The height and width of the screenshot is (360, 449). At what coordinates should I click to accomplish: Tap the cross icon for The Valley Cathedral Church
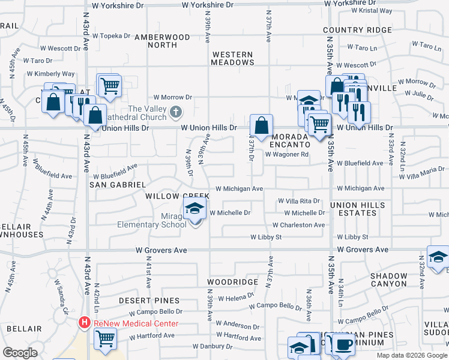[175, 112]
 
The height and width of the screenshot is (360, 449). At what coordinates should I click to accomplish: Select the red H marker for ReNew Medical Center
[85, 323]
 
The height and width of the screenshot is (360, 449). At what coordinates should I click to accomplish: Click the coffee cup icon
[344, 344]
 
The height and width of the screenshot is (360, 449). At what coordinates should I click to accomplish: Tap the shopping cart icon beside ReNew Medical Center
[105, 338]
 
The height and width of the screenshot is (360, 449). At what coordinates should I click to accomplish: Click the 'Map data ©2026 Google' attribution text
[411, 355]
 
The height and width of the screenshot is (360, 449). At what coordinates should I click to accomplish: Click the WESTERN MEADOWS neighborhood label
[232, 58]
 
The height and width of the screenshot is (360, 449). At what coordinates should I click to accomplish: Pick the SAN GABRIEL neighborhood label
[117, 185]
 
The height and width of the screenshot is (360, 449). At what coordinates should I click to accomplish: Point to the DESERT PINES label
[149, 300]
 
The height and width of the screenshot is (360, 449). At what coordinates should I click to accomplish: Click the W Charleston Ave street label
[298, 225]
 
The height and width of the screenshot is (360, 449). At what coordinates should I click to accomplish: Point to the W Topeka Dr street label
[111, 35]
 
